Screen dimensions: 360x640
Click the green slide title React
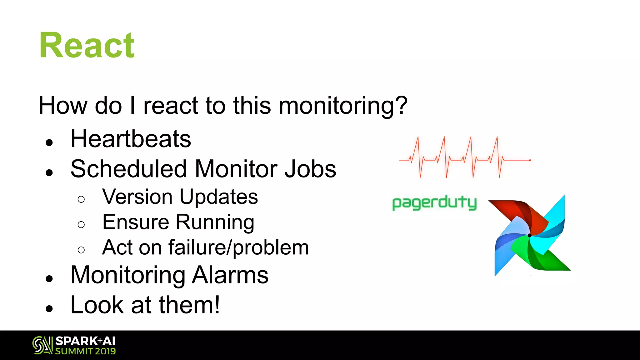click(87, 46)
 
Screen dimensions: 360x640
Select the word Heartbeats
click(131, 139)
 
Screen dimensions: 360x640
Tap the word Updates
click(219, 197)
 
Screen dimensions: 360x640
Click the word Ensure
click(135, 222)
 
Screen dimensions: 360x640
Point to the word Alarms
click(230, 275)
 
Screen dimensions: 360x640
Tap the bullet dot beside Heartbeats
click(49, 143)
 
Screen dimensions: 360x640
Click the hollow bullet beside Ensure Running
click(81, 225)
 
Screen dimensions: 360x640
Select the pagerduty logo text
click(434, 203)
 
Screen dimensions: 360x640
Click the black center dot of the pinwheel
click(529, 235)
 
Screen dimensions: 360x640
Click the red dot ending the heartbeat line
click(530, 160)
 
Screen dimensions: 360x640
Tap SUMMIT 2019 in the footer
click(85, 351)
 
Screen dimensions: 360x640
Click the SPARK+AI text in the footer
click(85, 341)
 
